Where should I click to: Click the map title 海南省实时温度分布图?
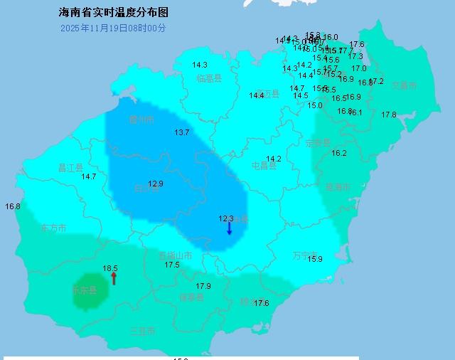point(114,13)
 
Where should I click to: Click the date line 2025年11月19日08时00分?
point(113,28)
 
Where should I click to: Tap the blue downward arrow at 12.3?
point(229,229)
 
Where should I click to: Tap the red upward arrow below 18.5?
point(114,278)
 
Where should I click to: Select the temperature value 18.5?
point(109,268)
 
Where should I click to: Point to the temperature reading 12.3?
point(226,219)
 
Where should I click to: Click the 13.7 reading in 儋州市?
point(182,132)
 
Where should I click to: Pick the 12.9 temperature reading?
point(156,184)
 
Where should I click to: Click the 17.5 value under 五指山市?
point(172,265)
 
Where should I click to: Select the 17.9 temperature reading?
point(203,286)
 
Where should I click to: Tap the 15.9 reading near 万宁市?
point(315,259)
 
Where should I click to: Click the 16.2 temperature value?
point(339,153)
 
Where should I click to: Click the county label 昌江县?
point(70,168)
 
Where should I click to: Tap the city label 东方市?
point(54,228)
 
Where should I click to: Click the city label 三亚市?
point(142,332)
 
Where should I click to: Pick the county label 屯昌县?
point(264,166)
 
